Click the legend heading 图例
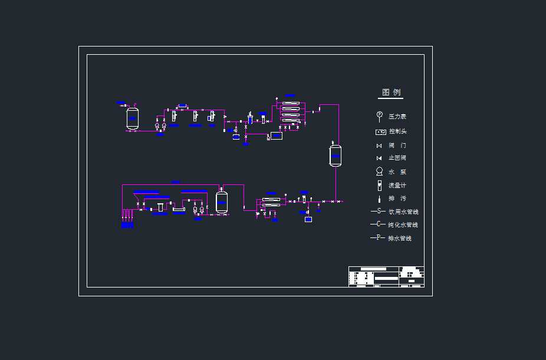(x=391, y=93)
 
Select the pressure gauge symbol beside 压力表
(x=380, y=115)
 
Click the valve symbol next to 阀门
(x=380, y=146)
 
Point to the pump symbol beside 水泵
(x=380, y=171)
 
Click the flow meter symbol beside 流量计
(x=380, y=185)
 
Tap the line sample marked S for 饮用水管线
(x=377, y=211)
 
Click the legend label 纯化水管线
(x=403, y=224)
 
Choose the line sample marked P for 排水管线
(x=377, y=238)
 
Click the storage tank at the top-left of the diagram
(x=133, y=118)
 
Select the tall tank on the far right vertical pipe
(x=335, y=156)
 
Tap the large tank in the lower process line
(x=222, y=202)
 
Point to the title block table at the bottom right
(x=386, y=277)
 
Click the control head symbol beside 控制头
(x=380, y=132)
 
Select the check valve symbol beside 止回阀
(x=380, y=158)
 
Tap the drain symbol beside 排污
(x=380, y=199)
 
